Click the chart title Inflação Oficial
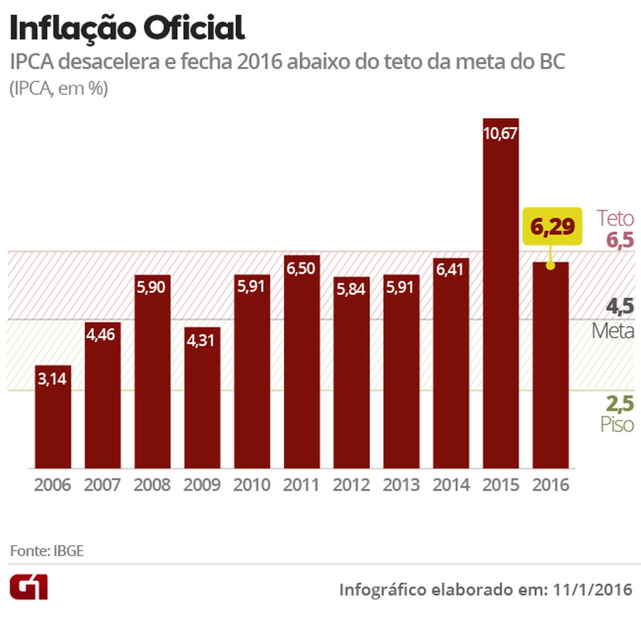pos(127,29)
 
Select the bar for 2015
pos(500,293)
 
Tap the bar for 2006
pos(53,417)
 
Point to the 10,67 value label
pos(500,133)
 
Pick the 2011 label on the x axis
pos(302,485)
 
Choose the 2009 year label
pos(202,485)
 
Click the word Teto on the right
pos(616,218)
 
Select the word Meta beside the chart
pos(613,331)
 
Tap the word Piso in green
pos(616,425)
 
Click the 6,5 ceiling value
pos(620,240)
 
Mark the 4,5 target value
pos(620,307)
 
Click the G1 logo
pos(28,588)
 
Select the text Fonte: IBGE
pos(47,551)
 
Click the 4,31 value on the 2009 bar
pos(202,341)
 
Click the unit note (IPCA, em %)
pos(58,89)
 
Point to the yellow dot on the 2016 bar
pos(550,265)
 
